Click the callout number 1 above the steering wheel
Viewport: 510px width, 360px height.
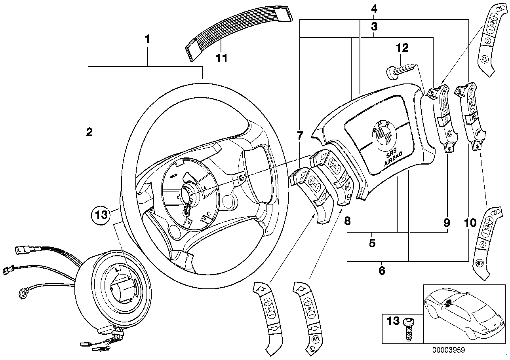point(147,39)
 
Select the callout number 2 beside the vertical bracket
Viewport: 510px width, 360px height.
point(89,133)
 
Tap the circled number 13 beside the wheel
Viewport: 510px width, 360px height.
point(99,215)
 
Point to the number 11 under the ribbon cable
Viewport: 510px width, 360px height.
point(221,59)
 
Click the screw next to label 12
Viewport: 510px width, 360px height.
point(402,72)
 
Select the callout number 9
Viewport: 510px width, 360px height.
point(446,223)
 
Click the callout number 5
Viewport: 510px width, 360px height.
point(372,243)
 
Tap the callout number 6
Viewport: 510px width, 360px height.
point(382,271)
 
